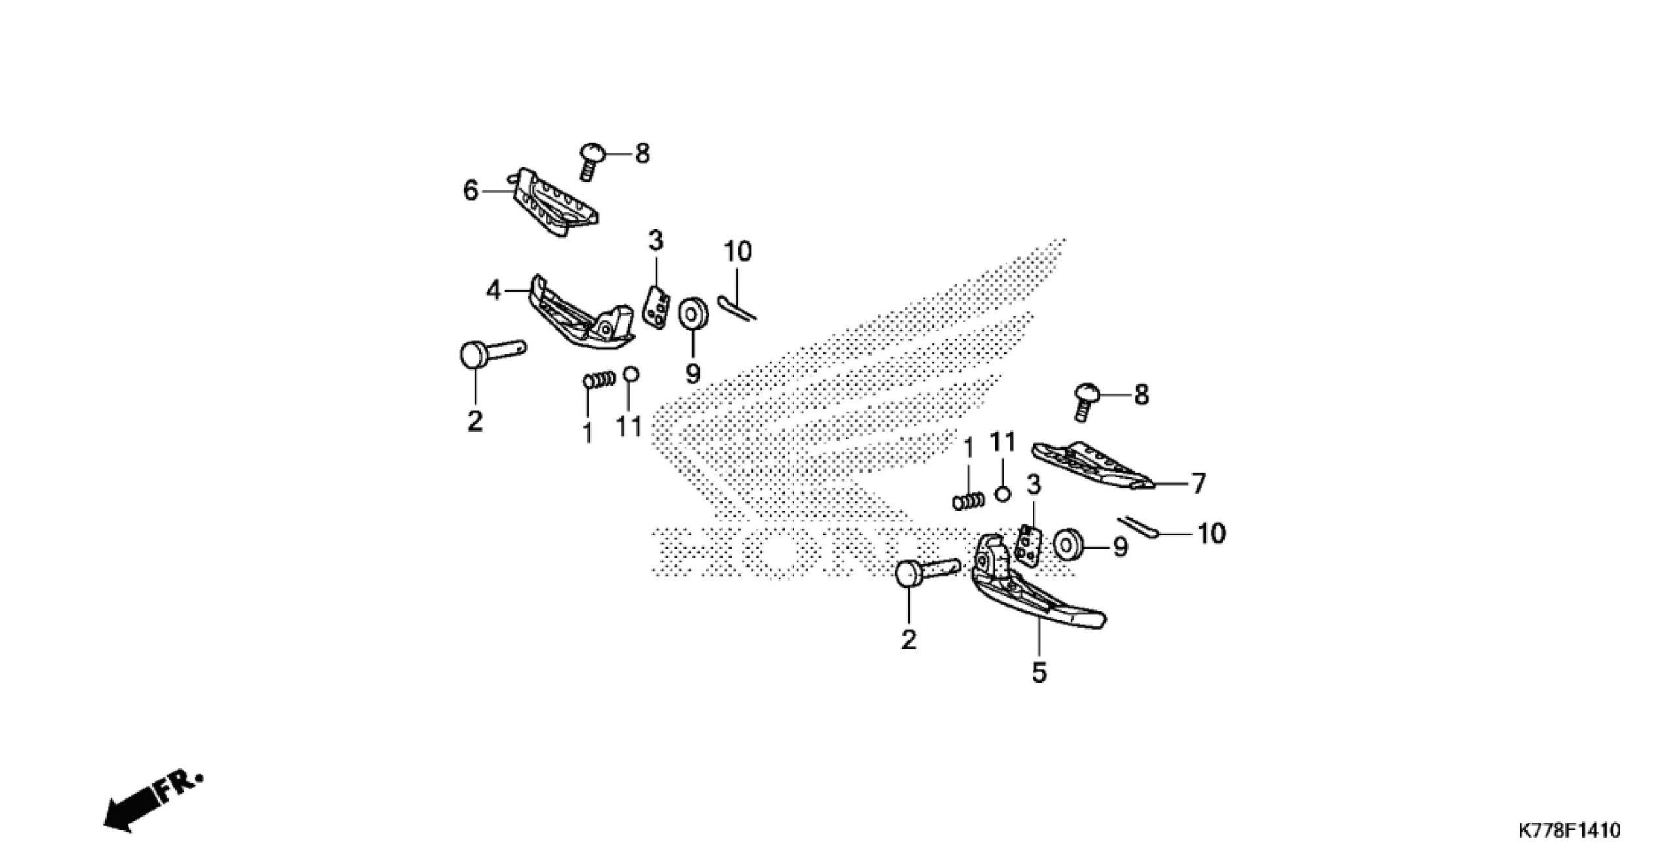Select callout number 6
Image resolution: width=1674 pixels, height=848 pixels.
pyautogui.click(x=470, y=191)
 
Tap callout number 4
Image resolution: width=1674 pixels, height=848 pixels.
pyautogui.click(x=493, y=290)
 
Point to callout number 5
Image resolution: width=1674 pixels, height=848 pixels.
pyautogui.click(x=1039, y=672)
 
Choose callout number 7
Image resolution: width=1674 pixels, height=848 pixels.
pyautogui.click(x=1197, y=484)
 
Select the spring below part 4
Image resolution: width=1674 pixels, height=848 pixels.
pyautogui.click(x=599, y=379)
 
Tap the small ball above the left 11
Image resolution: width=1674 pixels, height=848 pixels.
pyautogui.click(x=630, y=374)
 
